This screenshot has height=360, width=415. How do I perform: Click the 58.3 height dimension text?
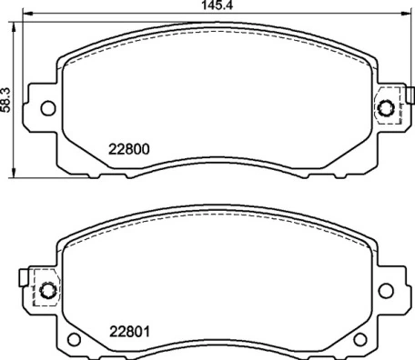click(x=7, y=97)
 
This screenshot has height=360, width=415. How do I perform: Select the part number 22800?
click(x=129, y=151)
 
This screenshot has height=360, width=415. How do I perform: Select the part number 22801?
click(x=129, y=331)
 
